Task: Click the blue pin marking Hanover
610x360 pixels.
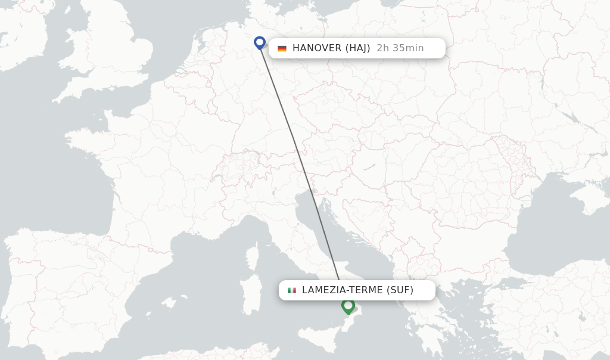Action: pyautogui.click(x=259, y=42)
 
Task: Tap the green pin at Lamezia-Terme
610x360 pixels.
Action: pyautogui.click(x=348, y=306)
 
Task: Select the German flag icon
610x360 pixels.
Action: pyautogui.click(x=282, y=48)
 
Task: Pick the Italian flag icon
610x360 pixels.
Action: pyautogui.click(x=292, y=290)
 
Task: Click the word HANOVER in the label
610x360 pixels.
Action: pyautogui.click(x=316, y=48)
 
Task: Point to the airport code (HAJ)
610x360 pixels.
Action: pyautogui.click(x=357, y=48)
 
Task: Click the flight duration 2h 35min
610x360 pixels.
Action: pyautogui.click(x=400, y=48)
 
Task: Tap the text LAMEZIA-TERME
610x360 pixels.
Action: pyautogui.click(x=342, y=290)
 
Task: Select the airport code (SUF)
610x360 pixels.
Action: pyautogui.click(x=400, y=290)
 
